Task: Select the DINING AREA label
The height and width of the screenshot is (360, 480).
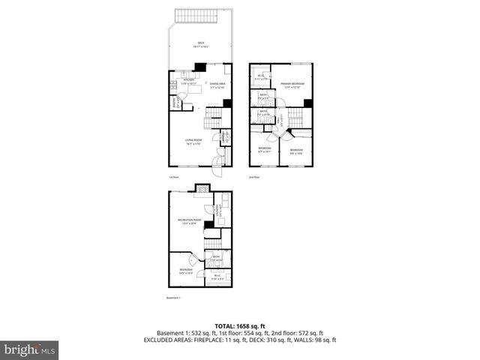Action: pyautogui.click(x=217, y=85)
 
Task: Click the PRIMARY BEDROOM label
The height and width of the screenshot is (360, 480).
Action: pyautogui.click(x=291, y=85)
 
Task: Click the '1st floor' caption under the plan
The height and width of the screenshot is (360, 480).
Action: pyautogui.click(x=172, y=177)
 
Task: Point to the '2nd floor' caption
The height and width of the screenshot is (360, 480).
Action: pyautogui.click(x=253, y=177)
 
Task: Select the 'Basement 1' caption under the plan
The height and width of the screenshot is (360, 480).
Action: pyautogui.click(x=173, y=298)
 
